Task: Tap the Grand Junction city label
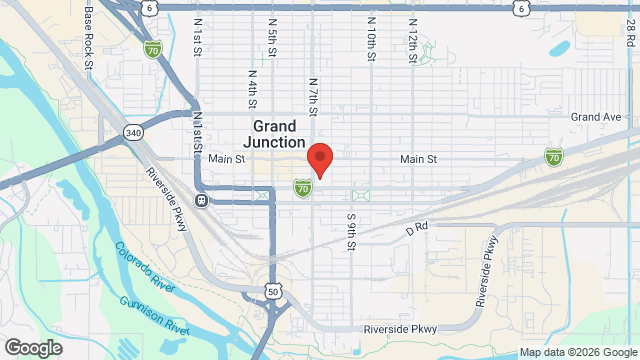click(274, 134)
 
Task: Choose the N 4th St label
click(253, 88)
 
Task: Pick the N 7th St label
click(313, 97)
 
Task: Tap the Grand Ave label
click(596, 117)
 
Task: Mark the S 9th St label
click(351, 231)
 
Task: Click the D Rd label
click(417, 228)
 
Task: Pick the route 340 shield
click(133, 132)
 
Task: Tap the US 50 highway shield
click(274, 291)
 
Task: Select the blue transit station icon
click(202, 200)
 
